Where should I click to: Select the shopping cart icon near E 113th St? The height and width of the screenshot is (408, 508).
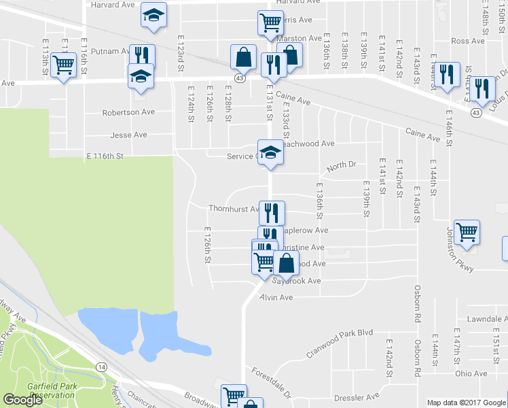tap(63, 66)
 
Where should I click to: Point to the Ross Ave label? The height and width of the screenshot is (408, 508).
tap(467, 41)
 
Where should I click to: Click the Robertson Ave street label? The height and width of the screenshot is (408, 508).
tap(128, 112)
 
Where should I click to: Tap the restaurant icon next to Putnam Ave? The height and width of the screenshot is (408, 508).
tap(142, 56)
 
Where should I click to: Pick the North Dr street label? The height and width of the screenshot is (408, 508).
tap(341, 165)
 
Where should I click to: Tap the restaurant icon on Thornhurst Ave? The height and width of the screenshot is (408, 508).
tap(272, 212)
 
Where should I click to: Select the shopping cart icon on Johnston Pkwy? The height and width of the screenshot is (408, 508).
tap(467, 232)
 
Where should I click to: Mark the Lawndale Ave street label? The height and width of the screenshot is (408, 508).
tap(478, 319)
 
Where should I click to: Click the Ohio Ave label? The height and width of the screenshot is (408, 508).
tap(471, 373)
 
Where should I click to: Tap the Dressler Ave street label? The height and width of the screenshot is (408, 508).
tap(363, 396)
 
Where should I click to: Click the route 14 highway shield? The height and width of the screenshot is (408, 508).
tap(101, 367)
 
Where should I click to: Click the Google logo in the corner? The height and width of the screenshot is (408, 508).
tap(23, 401)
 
